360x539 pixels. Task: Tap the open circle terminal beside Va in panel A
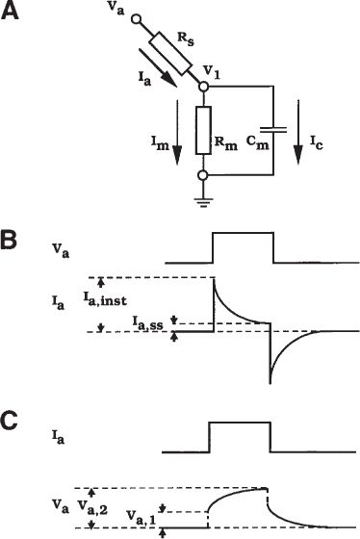(x=136, y=19)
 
